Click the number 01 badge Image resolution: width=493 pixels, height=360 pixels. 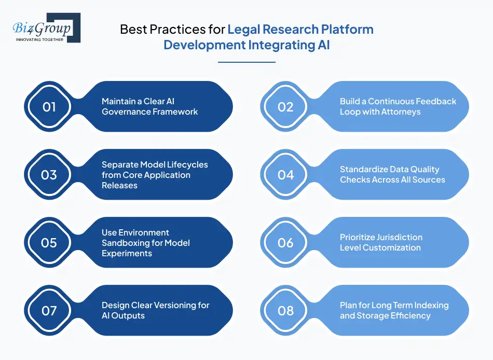49,107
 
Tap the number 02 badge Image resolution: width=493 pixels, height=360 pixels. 286,107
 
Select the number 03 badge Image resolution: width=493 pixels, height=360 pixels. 49,175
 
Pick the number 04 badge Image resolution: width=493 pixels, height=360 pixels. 286,175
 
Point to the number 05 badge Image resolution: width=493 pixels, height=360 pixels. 49,243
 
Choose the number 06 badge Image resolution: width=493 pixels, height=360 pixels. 286,243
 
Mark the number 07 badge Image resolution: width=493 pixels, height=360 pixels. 49,311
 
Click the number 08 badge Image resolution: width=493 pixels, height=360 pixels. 286,311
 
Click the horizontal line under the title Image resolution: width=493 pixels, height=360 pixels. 246,62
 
